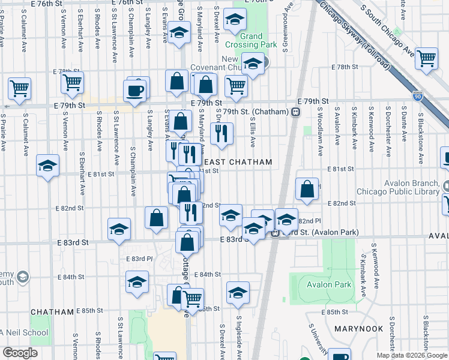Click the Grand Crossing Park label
pyautogui.click(x=252, y=40)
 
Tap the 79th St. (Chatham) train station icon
pyautogui.click(x=295, y=112)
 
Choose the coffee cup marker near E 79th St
pyautogui.click(x=133, y=92)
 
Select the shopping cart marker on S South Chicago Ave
pyautogui.click(x=426, y=59)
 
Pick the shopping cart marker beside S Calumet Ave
pyautogui.click(x=19, y=89)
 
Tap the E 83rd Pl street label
pyautogui.click(x=139, y=259)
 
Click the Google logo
pyautogui.click(x=20, y=353)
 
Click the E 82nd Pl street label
pyautogui.click(x=305, y=221)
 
